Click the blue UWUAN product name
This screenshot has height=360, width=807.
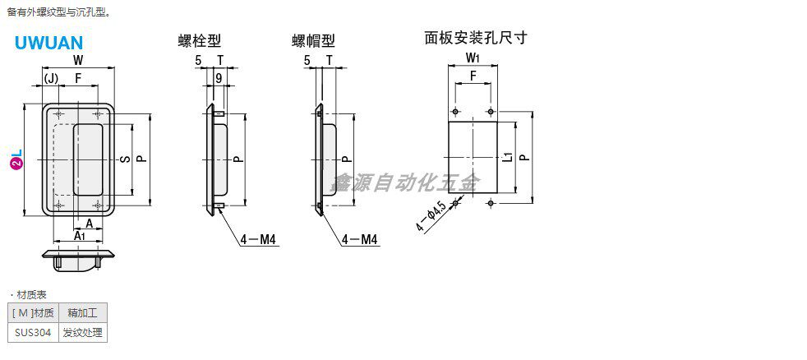(48, 42)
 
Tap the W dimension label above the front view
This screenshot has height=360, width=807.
(77, 61)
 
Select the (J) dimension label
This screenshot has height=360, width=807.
(51, 78)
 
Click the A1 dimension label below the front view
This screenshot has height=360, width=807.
(79, 236)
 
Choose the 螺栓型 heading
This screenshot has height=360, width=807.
(200, 39)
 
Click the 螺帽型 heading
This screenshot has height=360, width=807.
(313, 40)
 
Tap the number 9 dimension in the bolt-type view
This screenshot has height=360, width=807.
(219, 78)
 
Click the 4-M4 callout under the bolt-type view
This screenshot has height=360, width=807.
(256, 240)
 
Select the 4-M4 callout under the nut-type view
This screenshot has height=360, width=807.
(360, 240)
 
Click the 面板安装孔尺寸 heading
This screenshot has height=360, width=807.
(475, 37)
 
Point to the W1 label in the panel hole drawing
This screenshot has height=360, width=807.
(473, 58)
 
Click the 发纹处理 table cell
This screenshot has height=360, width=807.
(83, 333)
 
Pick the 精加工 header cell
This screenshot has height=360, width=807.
(83, 312)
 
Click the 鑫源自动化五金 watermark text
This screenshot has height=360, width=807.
(403, 183)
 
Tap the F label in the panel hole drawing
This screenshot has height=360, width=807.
(473, 76)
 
